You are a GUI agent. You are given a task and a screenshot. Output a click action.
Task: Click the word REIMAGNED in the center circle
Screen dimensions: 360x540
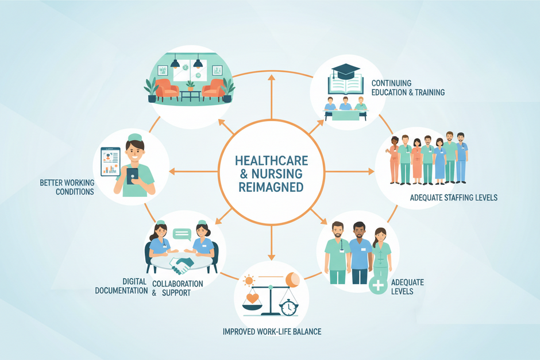pyautogui.click(x=271, y=188)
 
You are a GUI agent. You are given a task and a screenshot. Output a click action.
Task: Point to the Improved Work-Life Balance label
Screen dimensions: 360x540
pyautogui.click(x=272, y=332)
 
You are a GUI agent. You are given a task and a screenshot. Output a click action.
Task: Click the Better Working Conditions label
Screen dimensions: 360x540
pyautogui.click(x=67, y=187)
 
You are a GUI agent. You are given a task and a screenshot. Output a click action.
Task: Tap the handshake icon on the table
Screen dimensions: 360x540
pyautogui.click(x=183, y=265)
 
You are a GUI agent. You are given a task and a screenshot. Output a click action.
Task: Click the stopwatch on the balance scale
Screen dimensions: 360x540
pyautogui.click(x=288, y=307)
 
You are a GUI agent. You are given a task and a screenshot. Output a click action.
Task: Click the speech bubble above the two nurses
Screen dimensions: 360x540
pyautogui.click(x=182, y=234)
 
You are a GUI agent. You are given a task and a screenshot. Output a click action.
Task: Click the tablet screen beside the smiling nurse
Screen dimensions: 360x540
pyautogui.click(x=110, y=161)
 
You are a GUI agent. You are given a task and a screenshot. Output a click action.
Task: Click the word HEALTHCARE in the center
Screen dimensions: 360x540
pyautogui.click(x=271, y=160)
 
